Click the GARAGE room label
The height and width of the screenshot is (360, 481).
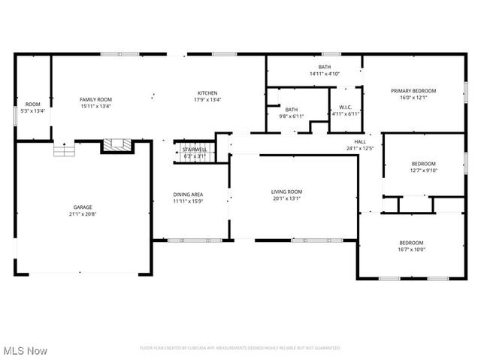pyautogui.click(x=83, y=207)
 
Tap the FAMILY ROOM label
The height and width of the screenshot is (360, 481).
pyautogui.click(x=95, y=99)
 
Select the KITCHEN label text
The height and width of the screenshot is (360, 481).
pyautogui.click(x=207, y=93)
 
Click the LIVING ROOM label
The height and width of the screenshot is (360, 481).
pyautogui.click(x=286, y=192)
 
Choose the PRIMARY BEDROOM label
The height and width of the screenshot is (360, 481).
pyautogui.click(x=413, y=91)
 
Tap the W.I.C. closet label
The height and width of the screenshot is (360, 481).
pyautogui.click(x=346, y=107)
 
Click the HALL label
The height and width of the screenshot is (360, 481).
pyautogui.click(x=361, y=141)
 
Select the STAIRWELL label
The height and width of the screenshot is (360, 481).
pyautogui.click(x=195, y=150)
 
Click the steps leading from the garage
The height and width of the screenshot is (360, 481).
pyautogui.click(x=65, y=150)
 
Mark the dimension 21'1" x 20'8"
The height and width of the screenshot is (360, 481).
pyautogui.click(x=83, y=213)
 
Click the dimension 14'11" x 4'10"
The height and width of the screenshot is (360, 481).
pyautogui.click(x=325, y=74)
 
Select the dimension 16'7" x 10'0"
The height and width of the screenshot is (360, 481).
pyautogui.click(x=411, y=250)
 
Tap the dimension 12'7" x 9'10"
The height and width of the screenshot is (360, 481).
pyautogui.click(x=422, y=170)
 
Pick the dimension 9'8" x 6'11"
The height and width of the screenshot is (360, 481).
pyautogui.click(x=291, y=116)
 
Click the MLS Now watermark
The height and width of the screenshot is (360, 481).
pyautogui.click(x=26, y=351)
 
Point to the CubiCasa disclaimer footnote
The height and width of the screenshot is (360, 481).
pyautogui.click(x=240, y=348)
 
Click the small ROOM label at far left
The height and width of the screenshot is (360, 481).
pyautogui.click(x=32, y=104)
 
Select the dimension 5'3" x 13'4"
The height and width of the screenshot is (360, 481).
pyautogui.click(x=32, y=111)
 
